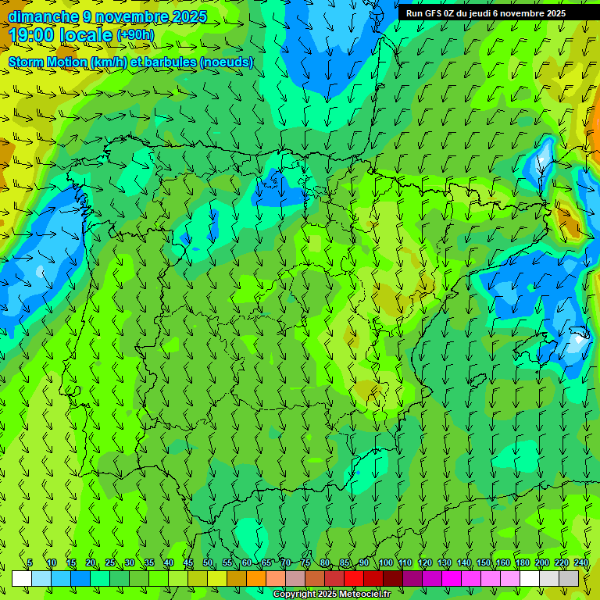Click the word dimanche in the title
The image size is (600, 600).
[43, 16]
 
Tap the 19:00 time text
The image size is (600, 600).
[33, 35]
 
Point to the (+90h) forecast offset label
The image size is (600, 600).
[135, 35]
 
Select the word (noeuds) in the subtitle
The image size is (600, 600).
[226, 62]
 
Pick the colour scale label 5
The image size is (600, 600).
[30, 562]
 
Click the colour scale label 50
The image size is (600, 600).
[208, 562]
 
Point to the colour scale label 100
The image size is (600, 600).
[385, 562]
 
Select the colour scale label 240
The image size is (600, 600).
[581, 562]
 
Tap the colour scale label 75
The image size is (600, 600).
[305, 562]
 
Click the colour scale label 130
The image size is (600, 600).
[445, 562]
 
